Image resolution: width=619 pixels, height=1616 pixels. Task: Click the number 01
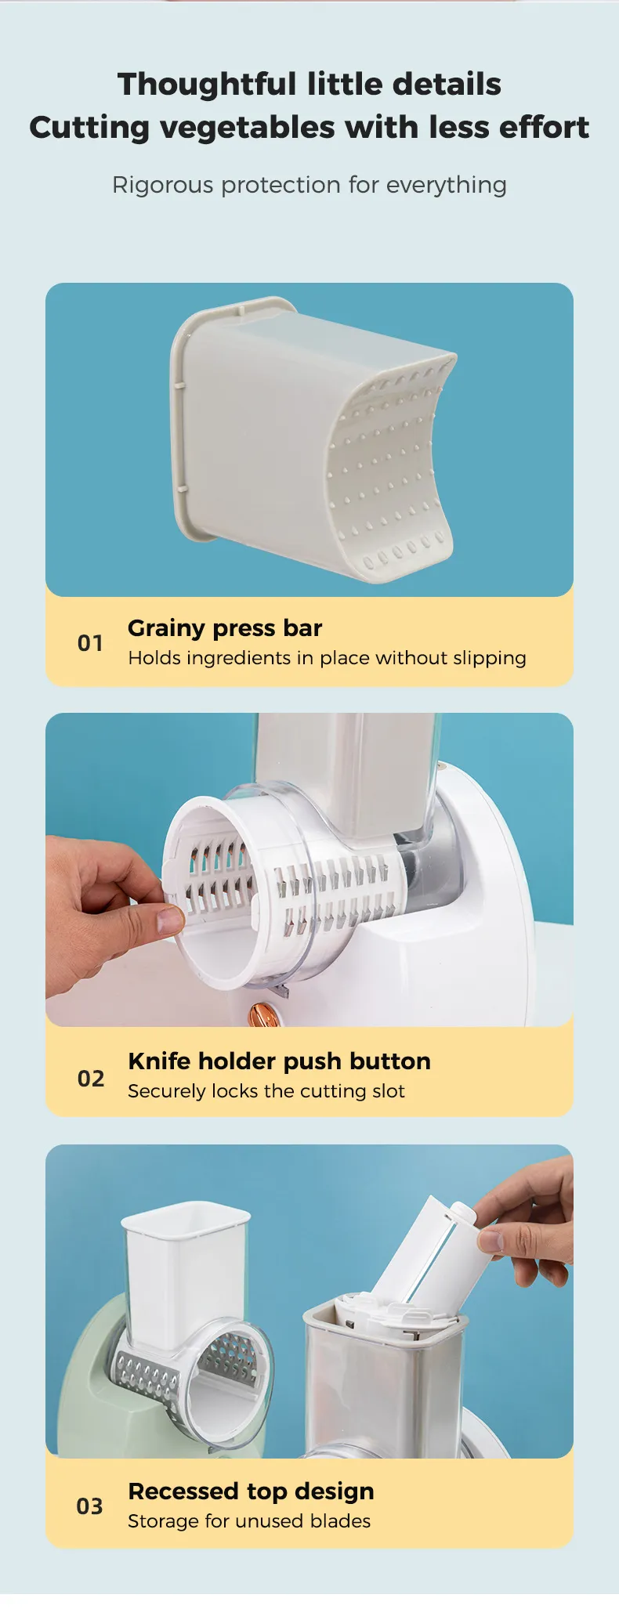(x=90, y=643)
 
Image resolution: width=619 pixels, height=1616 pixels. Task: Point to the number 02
(x=91, y=1079)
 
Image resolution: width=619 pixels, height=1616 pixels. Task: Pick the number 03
(x=90, y=1506)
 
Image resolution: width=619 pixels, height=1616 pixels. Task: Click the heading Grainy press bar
(x=225, y=628)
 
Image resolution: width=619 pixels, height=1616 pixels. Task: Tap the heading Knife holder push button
(x=279, y=1061)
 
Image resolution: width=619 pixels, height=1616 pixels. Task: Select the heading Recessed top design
(x=251, y=1491)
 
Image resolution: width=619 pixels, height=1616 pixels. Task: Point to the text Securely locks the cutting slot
(x=266, y=1091)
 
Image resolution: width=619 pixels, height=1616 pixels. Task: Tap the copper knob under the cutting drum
(x=259, y=1014)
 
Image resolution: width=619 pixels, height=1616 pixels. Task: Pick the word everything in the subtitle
(x=447, y=186)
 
